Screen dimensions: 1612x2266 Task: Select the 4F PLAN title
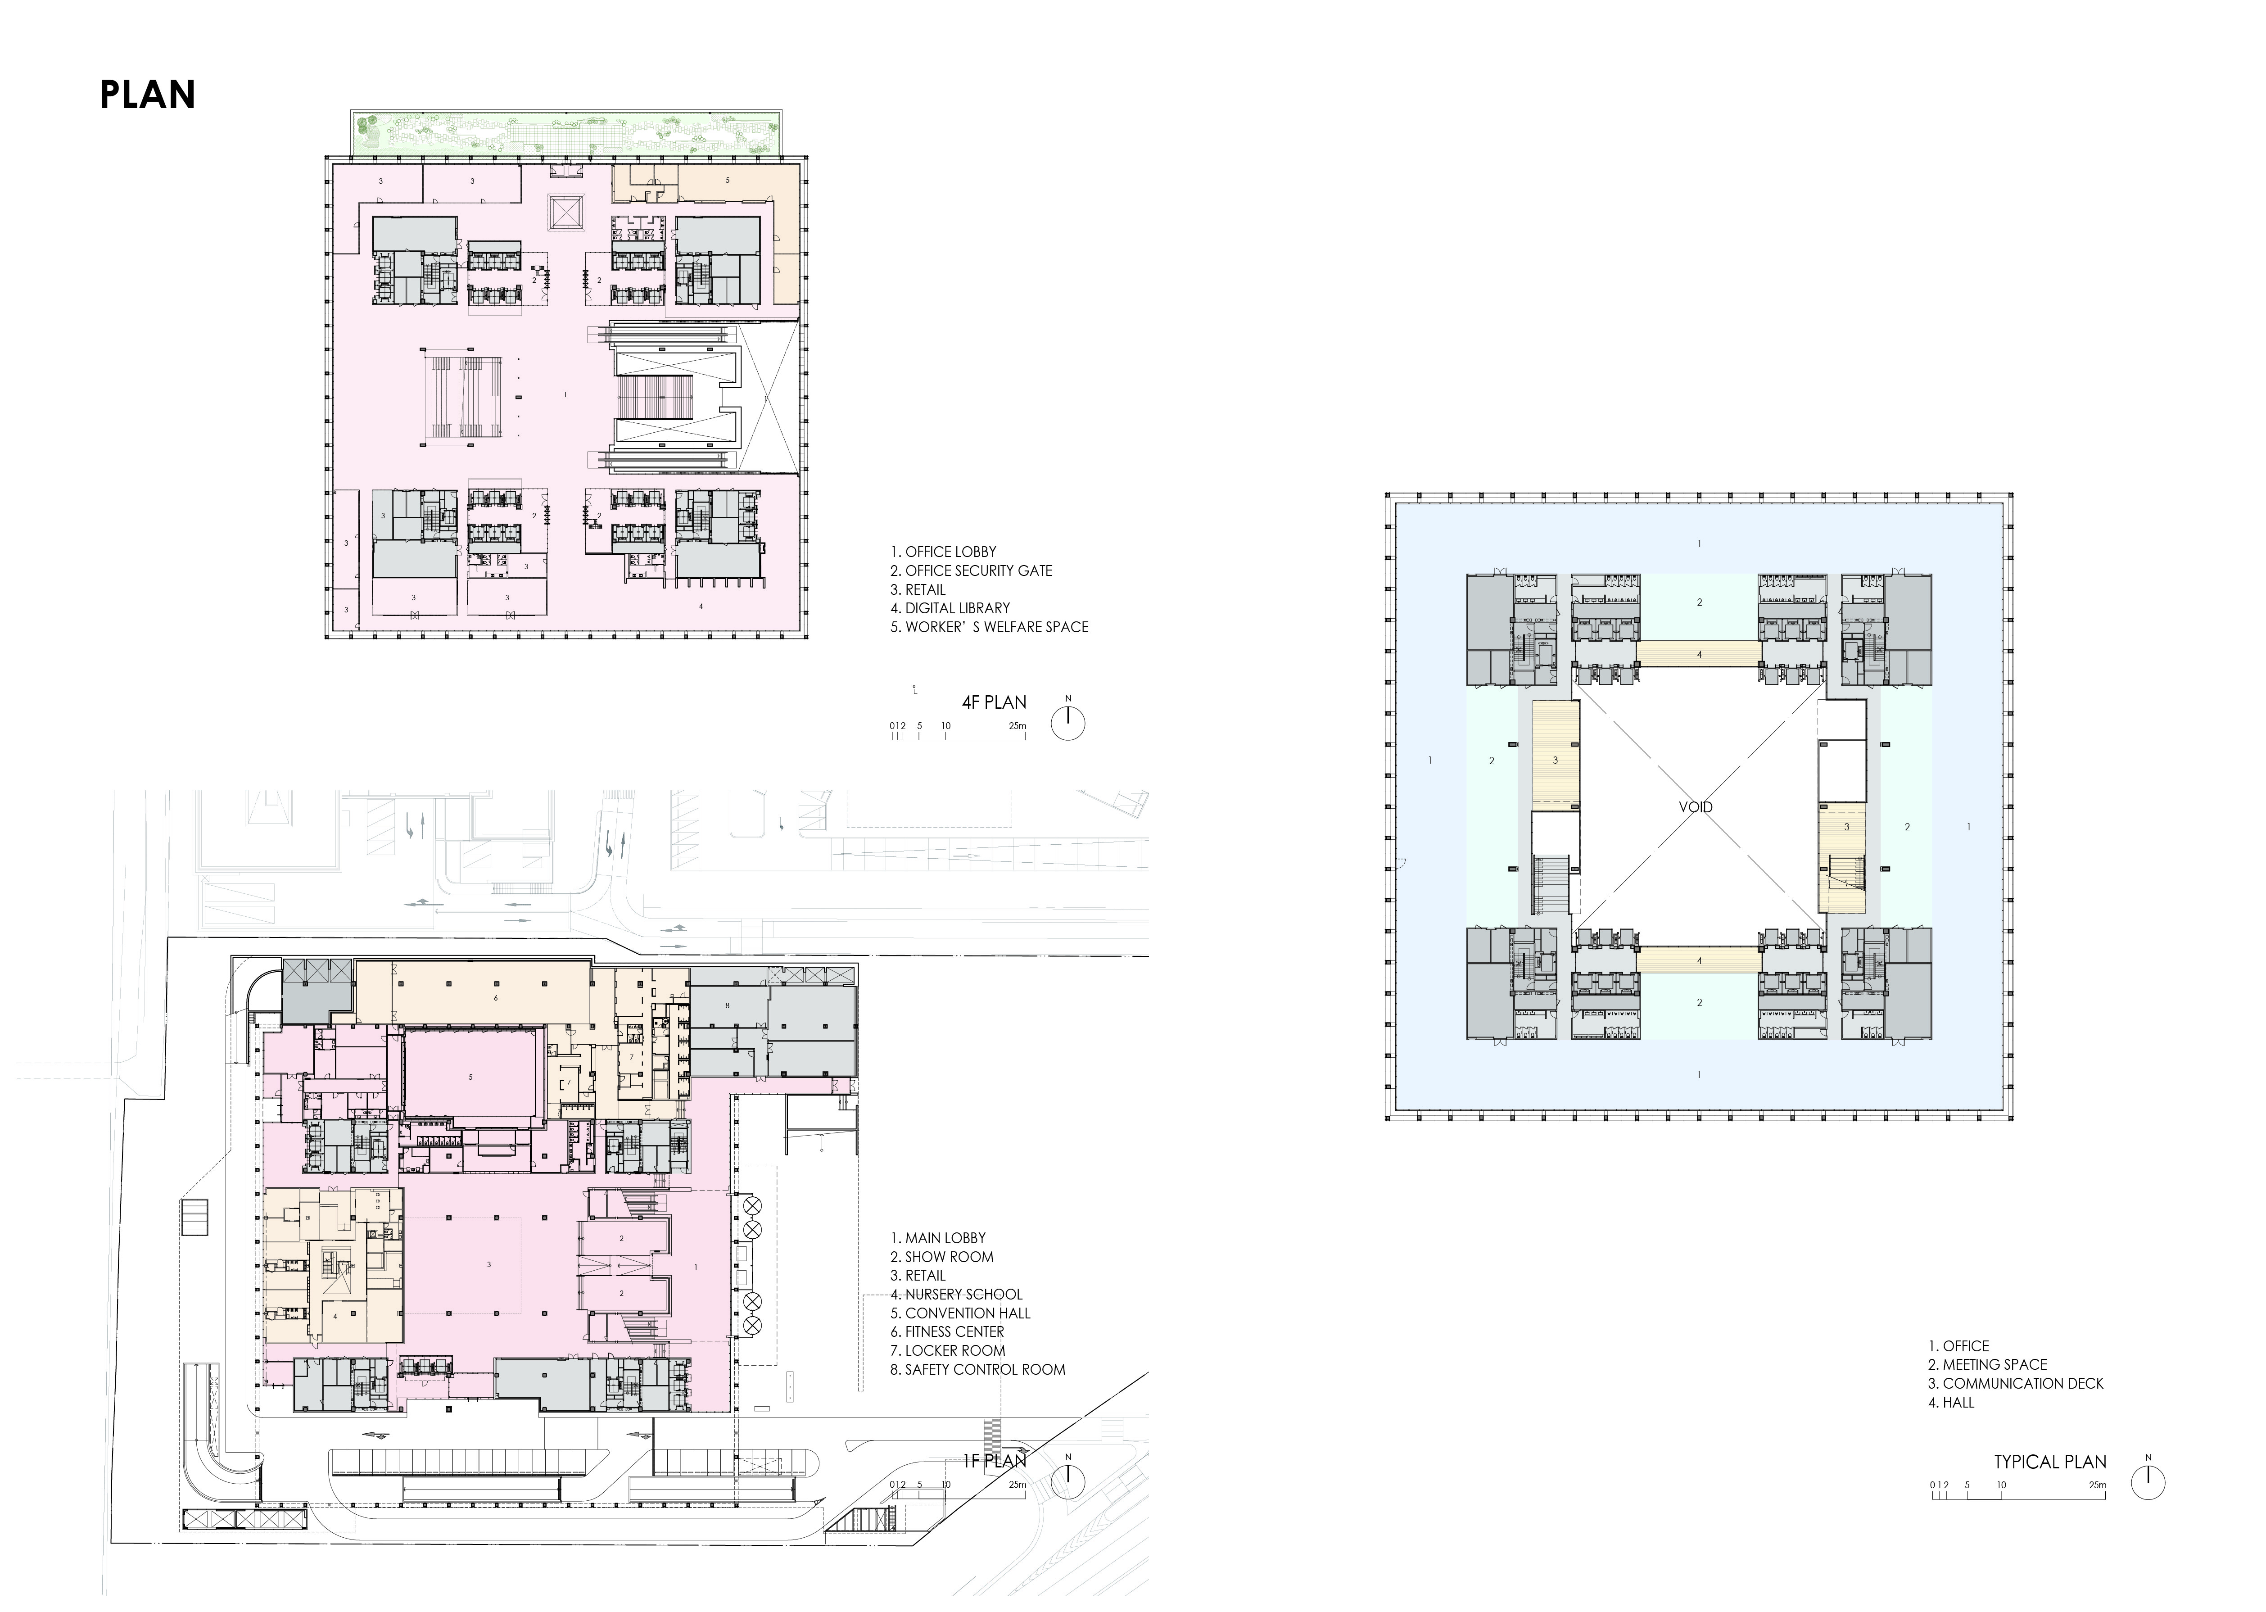[994, 702]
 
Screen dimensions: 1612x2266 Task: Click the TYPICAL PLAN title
[2049, 1462]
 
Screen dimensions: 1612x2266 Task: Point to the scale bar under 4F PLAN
[958, 734]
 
